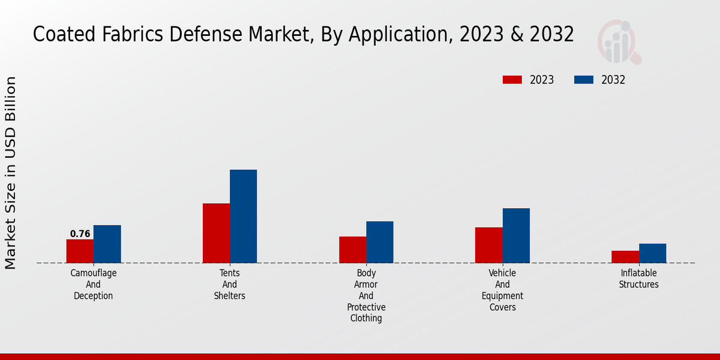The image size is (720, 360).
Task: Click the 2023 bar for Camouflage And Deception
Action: pos(80,251)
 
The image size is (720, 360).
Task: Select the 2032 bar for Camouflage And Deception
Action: pos(107,244)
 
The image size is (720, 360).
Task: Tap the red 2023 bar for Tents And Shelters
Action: pos(216,233)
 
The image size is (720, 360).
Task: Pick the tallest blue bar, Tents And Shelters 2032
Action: pos(243,216)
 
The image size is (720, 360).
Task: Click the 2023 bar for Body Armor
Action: pos(352,250)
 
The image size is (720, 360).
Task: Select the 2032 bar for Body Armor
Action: pos(380,242)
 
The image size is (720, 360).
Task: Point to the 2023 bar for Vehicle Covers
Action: pos(489,245)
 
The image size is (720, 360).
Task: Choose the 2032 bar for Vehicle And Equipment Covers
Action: pos(516,235)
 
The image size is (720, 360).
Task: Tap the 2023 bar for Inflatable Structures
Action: pos(625,257)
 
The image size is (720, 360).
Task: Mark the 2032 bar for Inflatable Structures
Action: pos(652,253)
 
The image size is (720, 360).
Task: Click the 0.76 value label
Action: pos(80,234)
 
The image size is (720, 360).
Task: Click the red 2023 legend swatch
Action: pos(512,80)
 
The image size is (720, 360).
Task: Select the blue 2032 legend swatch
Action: pos(584,80)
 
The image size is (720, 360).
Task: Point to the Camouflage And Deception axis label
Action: pos(93,284)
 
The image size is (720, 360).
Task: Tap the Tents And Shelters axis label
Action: pos(230,284)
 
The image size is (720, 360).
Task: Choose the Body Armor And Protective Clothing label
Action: pos(366,296)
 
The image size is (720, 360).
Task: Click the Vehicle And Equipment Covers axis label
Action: pos(503,290)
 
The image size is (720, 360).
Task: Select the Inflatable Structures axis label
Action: pos(639,279)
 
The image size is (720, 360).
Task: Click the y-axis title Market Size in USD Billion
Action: pos(11,173)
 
